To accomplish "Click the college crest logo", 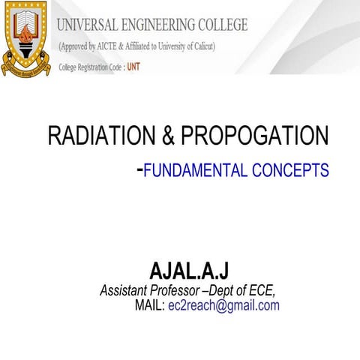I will pos(28,38).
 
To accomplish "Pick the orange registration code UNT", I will pos(133,67).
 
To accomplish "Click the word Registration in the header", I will pos(92,67).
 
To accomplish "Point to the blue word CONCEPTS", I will pos(292,171).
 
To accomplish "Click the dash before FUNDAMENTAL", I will pos(139,169).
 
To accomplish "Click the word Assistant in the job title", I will pos(124,290).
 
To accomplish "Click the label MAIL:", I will pos(149,305).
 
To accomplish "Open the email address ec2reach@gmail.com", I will pos(223,305).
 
